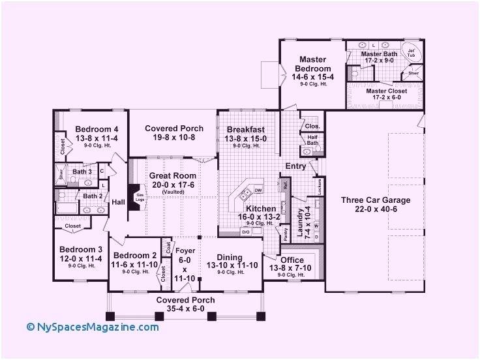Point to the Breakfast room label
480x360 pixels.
coord(245,130)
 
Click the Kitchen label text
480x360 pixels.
coord(251,209)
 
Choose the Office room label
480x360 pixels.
coord(292,260)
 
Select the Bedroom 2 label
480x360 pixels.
coord(135,256)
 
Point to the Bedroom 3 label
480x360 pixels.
coord(81,250)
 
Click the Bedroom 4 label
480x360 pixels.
coord(95,128)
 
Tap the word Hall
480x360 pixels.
coord(118,202)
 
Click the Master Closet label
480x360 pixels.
coord(386,91)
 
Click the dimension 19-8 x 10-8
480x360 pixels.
coord(173,138)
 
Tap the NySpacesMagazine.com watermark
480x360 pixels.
coord(93,327)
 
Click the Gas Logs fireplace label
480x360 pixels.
coord(139,197)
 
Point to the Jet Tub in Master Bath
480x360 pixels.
coord(411,52)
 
